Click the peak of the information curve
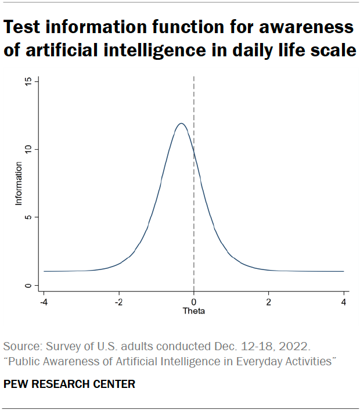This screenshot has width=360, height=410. pyautogui.click(x=181, y=123)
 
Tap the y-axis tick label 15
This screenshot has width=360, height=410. pyautogui.click(x=27, y=81)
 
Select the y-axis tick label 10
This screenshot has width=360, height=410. pyautogui.click(x=27, y=149)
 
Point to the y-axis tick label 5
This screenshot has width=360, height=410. pyautogui.click(x=27, y=217)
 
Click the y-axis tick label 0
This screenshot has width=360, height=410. pyautogui.click(x=27, y=286)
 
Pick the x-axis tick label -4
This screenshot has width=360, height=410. pyautogui.click(x=44, y=302)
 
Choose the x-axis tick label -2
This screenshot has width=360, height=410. pyautogui.click(x=118, y=302)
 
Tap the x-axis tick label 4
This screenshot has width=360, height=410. pyautogui.click(x=344, y=302)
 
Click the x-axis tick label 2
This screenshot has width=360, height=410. pyautogui.click(x=268, y=302)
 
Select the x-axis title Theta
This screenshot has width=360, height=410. pyautogui.click(x=193, y=311)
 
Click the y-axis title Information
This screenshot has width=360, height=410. pyautogui.click(x=19, y=184)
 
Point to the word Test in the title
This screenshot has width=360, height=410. pyautogui.click(x=23, y=27)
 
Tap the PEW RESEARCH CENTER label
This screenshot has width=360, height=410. pyautogui.click(x=69, y=384)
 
